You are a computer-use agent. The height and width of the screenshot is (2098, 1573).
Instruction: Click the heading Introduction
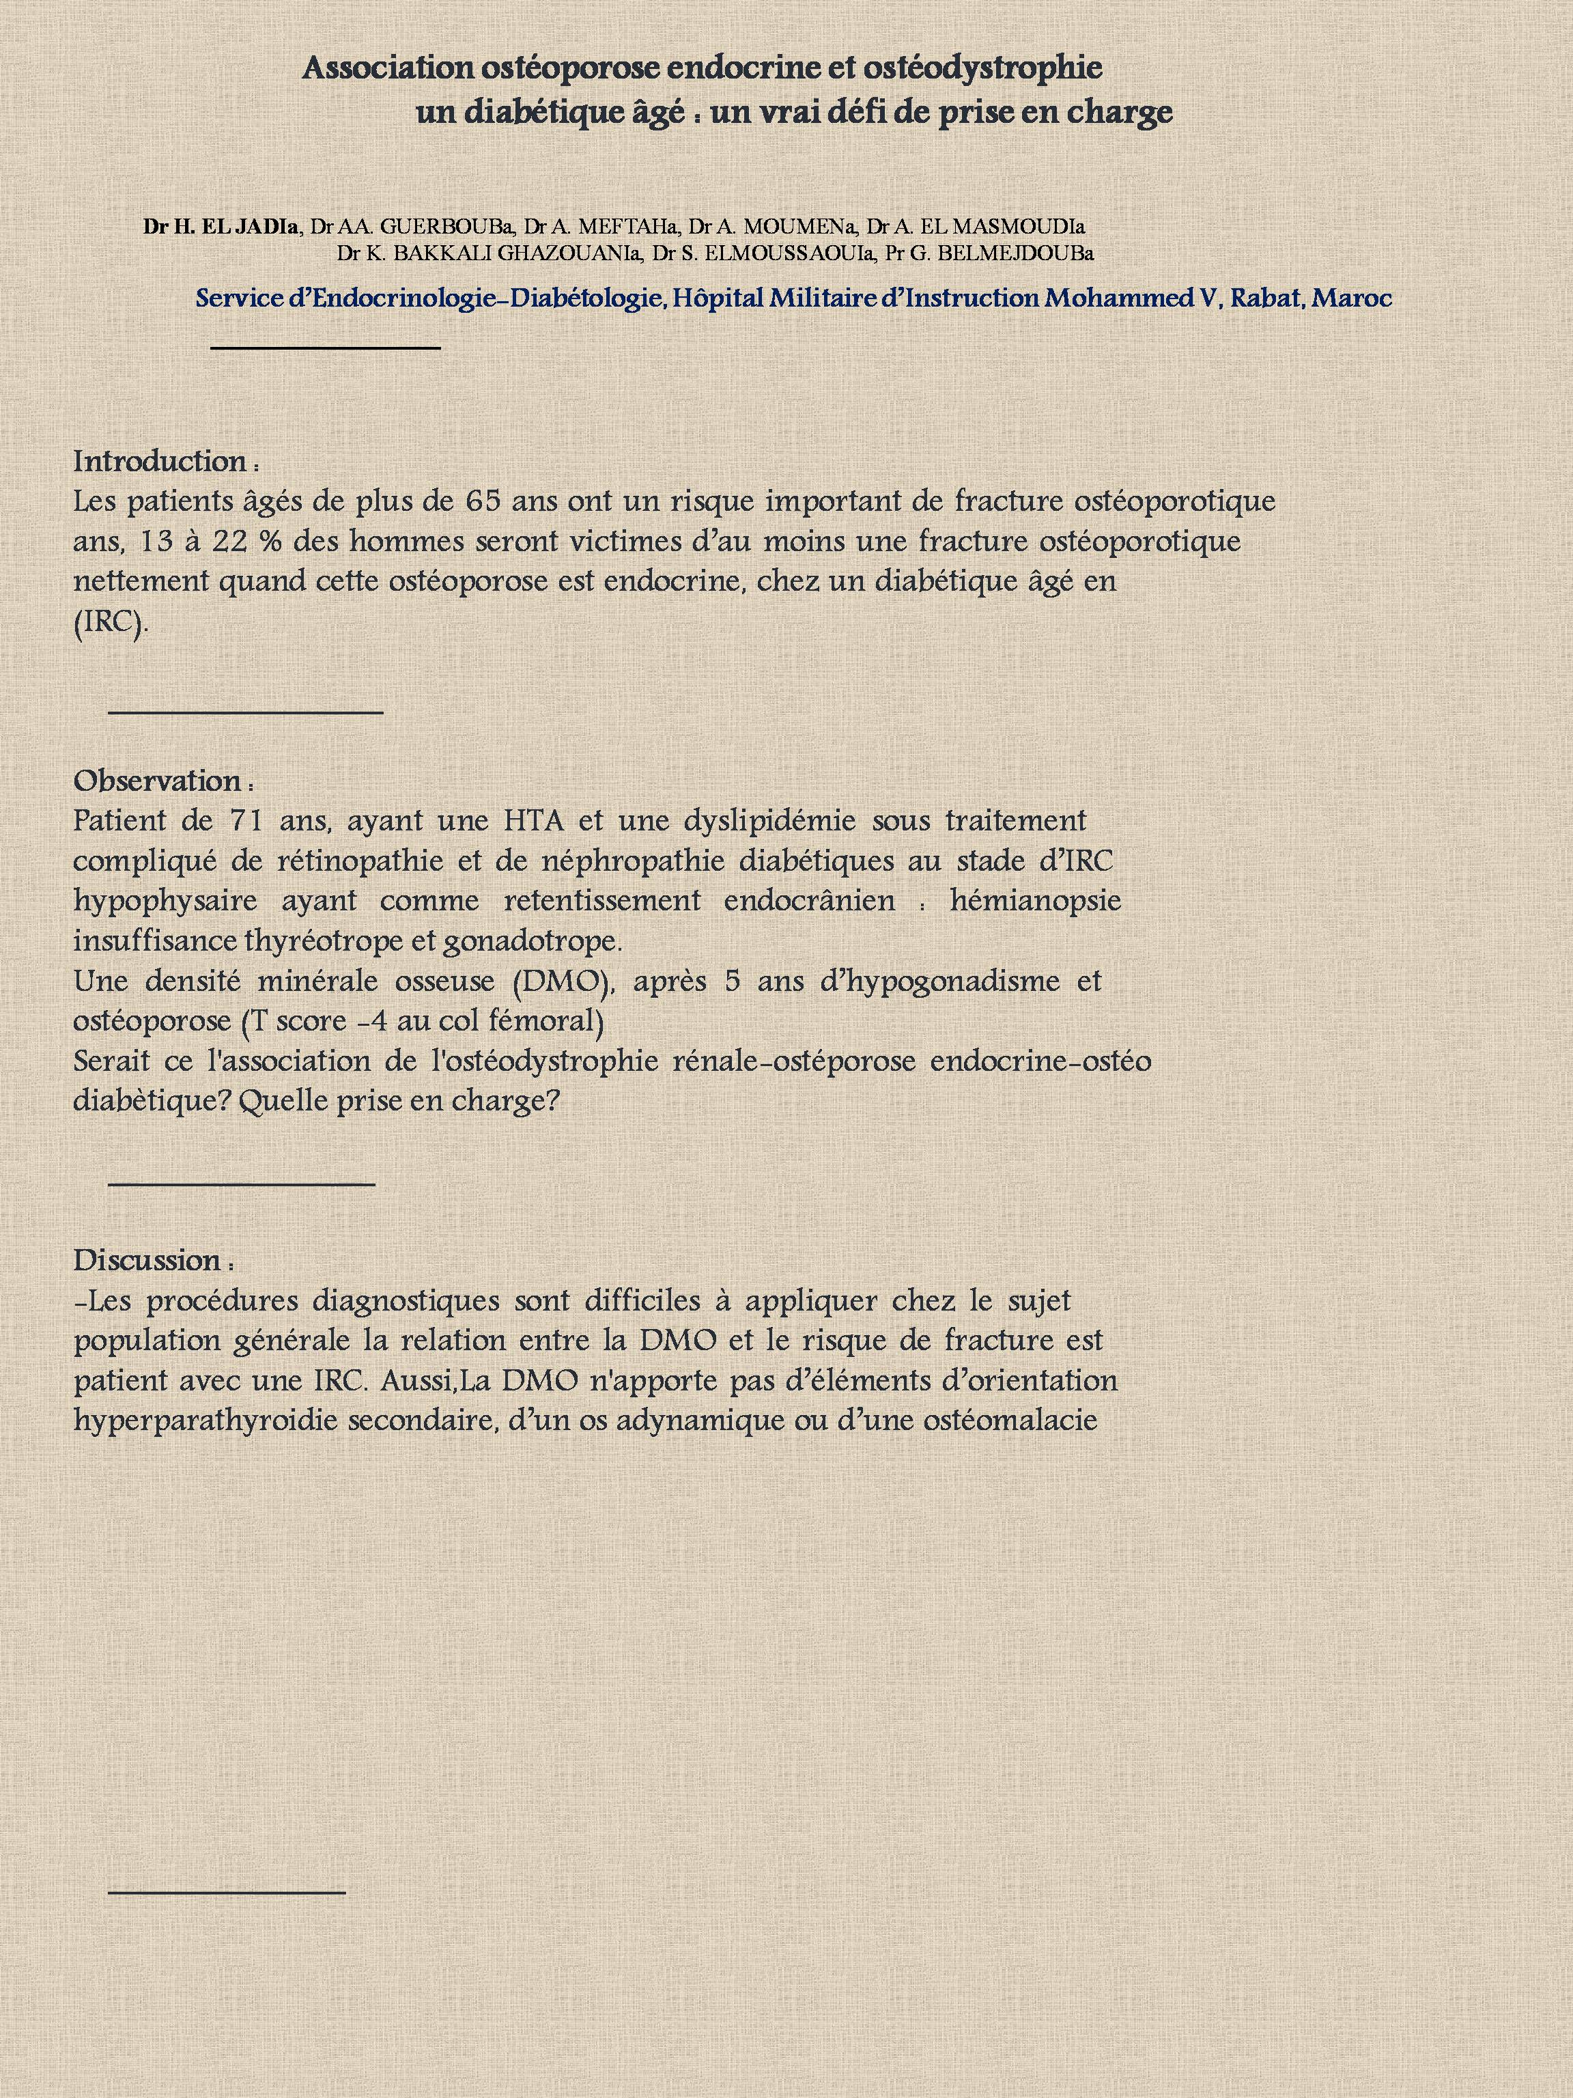click(x=161, y=462)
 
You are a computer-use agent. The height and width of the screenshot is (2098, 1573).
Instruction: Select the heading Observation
click(x=158, y=781)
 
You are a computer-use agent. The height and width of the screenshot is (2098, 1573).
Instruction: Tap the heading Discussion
click(x=148, y=1261)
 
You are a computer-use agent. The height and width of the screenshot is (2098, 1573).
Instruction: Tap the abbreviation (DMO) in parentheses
click(x=563, y=981)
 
